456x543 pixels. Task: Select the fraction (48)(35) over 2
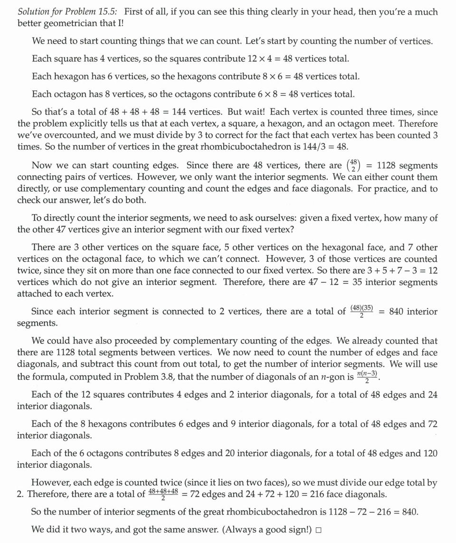[361, 312]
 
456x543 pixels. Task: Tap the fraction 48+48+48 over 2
[163, 494]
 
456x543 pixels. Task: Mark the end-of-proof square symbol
[318, 530]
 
